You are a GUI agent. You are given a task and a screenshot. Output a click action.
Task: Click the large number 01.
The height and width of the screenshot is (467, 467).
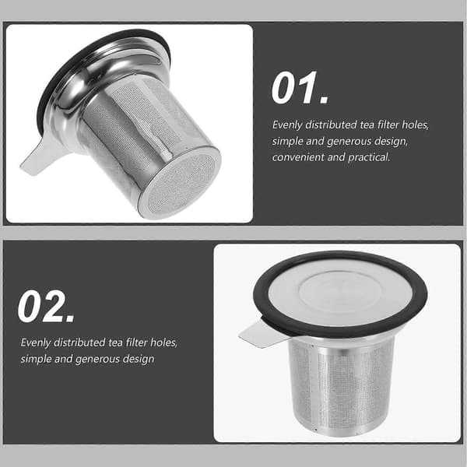(300, 88)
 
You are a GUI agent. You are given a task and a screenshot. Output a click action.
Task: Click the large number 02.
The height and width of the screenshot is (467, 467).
(46, 306)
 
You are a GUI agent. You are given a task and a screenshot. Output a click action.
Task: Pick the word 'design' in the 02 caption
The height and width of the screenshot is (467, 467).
(139, 359)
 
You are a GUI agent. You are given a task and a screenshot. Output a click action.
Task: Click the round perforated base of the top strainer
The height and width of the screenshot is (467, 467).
(181, 184)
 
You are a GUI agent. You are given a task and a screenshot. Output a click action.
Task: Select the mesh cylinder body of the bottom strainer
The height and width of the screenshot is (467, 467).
(341, 387)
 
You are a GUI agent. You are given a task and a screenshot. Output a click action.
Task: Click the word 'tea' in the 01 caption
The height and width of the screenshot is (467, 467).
(367, 125)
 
